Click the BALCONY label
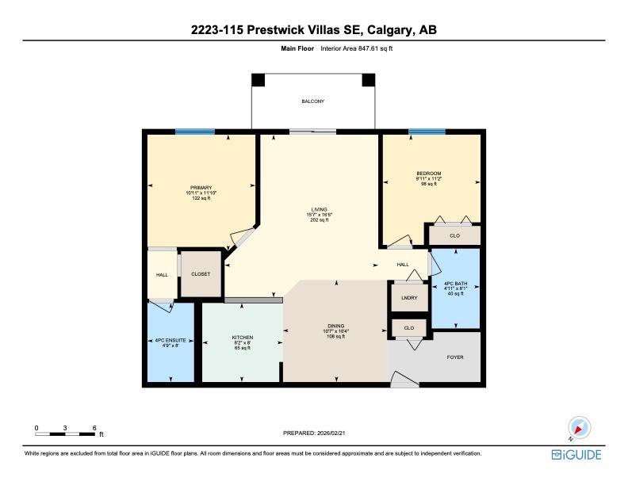[x=312, y=101]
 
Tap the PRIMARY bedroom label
[x=201, y=188]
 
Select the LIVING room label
[x=318, y=210]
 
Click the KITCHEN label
[x=242, y=338]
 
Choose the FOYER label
[x=454, y=357]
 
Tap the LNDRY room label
[x=409, y=299]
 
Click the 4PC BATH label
[x=455, y=283]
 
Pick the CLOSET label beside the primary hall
[x=201, y=274]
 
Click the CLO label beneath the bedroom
[x=454, y=235]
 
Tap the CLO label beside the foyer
[x=408, y=327]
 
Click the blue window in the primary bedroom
[x=194, y=132]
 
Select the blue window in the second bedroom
[x=427, y=132]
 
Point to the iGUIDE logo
[x=576, y=454]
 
